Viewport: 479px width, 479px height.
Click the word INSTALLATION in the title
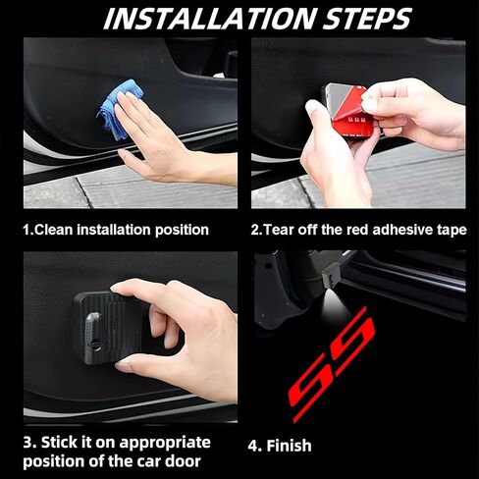pyautogui.click(x=210, y=19)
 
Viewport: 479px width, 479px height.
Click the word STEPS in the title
pyautogui.click(x=367, y=19)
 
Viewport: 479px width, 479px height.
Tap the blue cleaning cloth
pyautogui.click(x=120, y=109)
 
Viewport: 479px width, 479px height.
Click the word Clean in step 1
pyautogui.click(x=53, y=230)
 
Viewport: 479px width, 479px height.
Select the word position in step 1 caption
pyautogui.click(x=182, y=231)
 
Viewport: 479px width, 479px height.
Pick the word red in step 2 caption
pyautogui.click(x=358, y=230)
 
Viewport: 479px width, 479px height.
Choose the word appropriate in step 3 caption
pyautogui.click(x=165, y=444)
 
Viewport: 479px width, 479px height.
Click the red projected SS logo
pyautogui.click(x=332, y=364)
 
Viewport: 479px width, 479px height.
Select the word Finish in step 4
pyautogui.click(x=289, y=446)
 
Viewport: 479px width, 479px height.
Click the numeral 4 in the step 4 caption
pyautogui.click(x=253, y=446)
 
